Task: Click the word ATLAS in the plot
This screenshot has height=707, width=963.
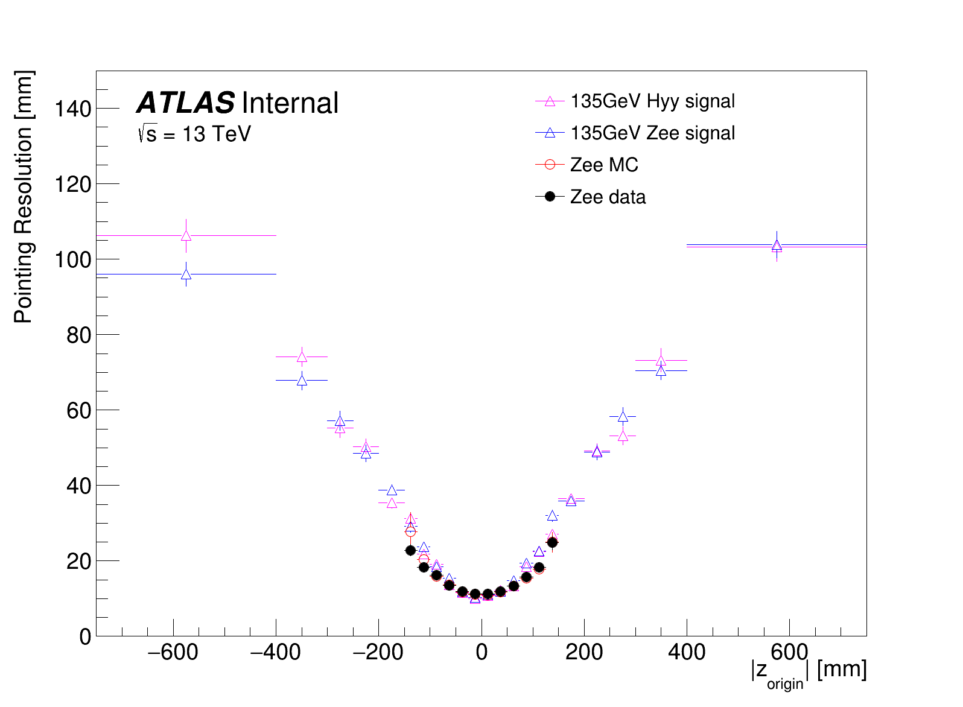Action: (185, 103)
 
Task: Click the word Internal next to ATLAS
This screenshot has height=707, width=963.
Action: (290, 103)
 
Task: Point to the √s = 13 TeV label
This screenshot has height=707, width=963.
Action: (194, 134)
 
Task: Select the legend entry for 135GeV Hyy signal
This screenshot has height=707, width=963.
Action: (652, 101)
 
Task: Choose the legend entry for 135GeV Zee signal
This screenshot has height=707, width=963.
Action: (652, 133)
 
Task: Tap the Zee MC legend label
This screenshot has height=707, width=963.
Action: (604, 165)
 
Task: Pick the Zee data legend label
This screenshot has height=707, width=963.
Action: (608, 197)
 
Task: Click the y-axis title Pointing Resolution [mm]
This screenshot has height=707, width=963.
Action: (24, 197)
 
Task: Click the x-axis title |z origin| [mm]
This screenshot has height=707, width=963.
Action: (809, 671)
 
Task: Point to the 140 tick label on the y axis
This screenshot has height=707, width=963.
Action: (72, 109)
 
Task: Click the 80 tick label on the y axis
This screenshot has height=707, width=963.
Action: (79, 335)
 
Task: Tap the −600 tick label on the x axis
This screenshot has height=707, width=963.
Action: (173, 652)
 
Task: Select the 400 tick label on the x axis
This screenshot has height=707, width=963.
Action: (687, 652)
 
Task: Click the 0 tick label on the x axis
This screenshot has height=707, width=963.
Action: (481, 652)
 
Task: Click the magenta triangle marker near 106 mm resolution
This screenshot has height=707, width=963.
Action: (186, 236)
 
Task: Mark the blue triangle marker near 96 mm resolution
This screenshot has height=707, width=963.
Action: (186, 274)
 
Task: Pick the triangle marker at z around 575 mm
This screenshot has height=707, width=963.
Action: (777, 246)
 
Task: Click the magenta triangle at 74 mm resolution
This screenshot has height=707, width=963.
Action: (302, 357)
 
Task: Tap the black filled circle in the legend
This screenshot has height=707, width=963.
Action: (550, 197)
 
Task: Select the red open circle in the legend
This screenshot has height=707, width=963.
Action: (550, 165)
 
